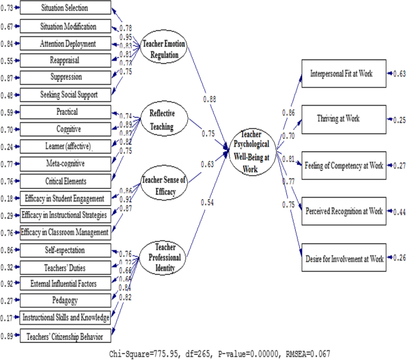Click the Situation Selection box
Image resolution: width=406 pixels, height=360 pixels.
point(65,8)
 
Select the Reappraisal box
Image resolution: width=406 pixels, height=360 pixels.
point(65,60)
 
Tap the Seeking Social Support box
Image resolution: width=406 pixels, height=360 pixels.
point(65,95)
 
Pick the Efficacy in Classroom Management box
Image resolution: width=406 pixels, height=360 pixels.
point(65,232)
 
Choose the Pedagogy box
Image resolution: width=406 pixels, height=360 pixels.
point(65,301)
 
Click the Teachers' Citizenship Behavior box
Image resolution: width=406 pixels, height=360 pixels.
point(65,336)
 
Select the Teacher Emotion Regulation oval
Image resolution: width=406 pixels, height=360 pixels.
point(164,46)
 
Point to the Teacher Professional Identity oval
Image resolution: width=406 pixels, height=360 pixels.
point(163,256)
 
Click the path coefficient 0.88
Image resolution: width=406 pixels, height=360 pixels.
point(209,98)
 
